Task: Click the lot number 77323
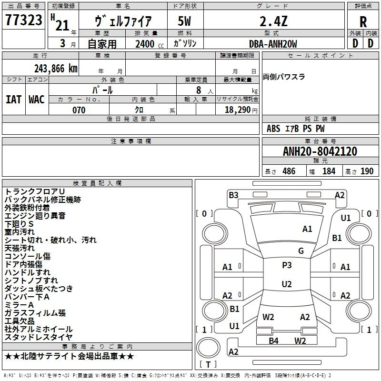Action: [x=23, y=21]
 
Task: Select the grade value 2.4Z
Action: [x=273, y=21]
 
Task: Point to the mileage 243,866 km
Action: [x=56, y=69]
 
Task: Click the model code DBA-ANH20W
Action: [x=273, y=44]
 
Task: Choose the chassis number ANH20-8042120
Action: [x=320, y=151]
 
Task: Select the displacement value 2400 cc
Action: [x=145, y=44]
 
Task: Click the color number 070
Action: [x=79, y=110]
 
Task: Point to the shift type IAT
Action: [x=13, y=100]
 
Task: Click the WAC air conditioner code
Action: [x=36, y=100]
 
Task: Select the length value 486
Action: [x=289, y=171]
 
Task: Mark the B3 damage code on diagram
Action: [x=233, y=195]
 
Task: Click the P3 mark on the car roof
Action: [x=287, y=265]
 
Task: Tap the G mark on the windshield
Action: [x=301, y=251]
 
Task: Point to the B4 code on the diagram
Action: [x=273, y=341]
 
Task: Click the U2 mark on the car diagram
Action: [x=286, y=284]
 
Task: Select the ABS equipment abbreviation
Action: [x=273, y=129]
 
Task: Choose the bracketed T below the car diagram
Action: [x=208, y=365]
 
